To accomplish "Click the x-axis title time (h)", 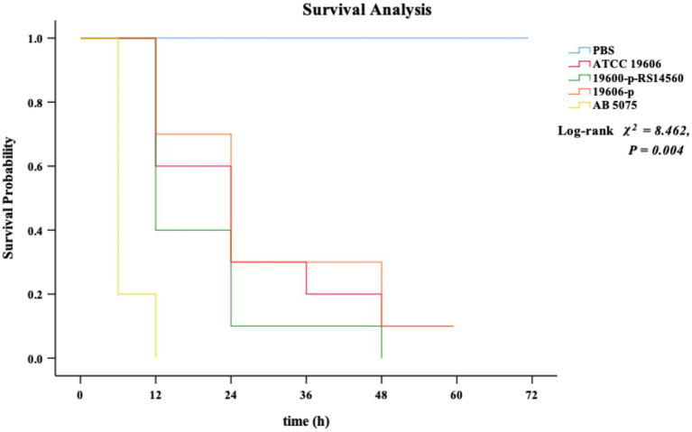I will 306,420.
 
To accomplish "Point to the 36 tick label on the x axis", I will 306,394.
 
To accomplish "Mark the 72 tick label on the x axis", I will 531,394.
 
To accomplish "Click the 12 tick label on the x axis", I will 155,394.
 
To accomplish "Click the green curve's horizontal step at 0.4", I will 193,230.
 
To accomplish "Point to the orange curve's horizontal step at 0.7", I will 193,134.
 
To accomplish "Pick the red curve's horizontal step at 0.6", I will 193,166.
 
